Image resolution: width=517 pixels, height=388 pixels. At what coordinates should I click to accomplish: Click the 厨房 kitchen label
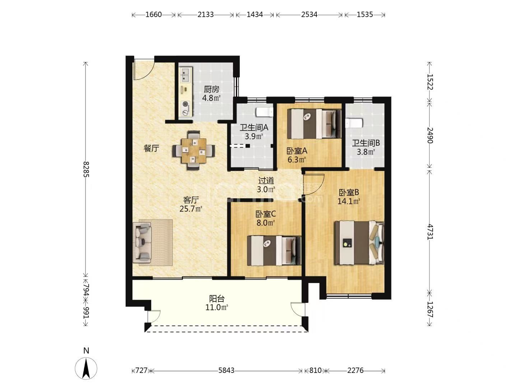[211, 89]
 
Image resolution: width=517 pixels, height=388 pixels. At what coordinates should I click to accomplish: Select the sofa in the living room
[142, 242]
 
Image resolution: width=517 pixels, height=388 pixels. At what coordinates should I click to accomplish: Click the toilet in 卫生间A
[265, 112]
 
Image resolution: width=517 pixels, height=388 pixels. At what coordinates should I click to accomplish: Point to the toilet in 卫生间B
[354, 123]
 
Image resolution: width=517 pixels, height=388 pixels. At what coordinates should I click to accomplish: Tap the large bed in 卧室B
[359, 242]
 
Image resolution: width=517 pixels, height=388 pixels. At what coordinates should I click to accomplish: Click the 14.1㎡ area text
[349, 202]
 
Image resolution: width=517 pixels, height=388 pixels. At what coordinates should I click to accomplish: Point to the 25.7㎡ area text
[191, 209]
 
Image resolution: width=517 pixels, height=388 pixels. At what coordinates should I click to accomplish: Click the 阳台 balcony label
[217, 299]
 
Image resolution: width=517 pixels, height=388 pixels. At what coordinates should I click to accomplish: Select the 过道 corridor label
[266, 181]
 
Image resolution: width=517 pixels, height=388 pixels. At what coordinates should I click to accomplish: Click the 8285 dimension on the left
[86, 169]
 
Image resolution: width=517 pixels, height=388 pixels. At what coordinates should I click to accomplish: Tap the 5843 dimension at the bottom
[226, 370]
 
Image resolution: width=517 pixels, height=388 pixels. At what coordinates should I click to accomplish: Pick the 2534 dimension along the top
[309, 15]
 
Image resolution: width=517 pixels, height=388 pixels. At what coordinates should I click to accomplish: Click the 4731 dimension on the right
[430, 232]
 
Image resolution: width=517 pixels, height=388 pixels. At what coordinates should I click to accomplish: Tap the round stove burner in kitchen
[185, 104]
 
